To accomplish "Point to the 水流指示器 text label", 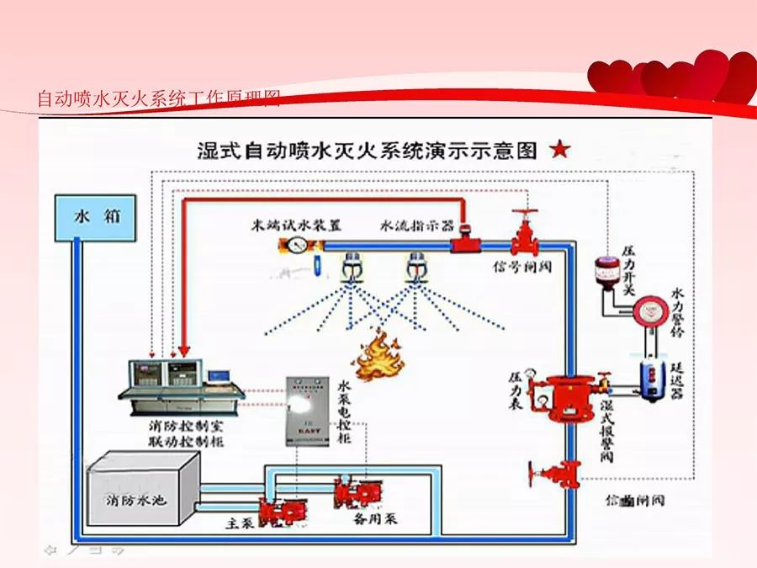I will coord(418,226).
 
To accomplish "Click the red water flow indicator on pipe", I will coord(462,244).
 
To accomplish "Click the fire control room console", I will coord(181,384).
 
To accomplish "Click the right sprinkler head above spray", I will coord(414,268).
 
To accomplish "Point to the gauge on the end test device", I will coord(296,245).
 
